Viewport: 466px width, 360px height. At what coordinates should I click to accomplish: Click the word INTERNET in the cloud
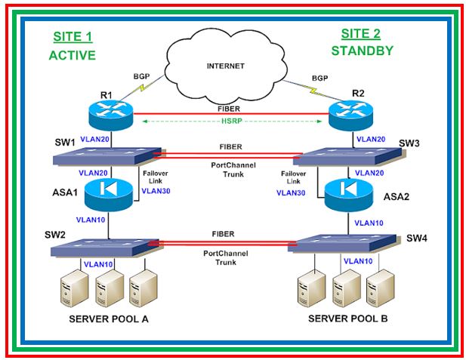226,66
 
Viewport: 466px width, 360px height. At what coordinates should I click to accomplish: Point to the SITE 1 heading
72,36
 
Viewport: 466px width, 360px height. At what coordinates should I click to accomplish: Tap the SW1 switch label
64,143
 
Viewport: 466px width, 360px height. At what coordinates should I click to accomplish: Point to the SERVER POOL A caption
108,318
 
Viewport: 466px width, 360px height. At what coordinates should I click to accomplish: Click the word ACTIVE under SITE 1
72,55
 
